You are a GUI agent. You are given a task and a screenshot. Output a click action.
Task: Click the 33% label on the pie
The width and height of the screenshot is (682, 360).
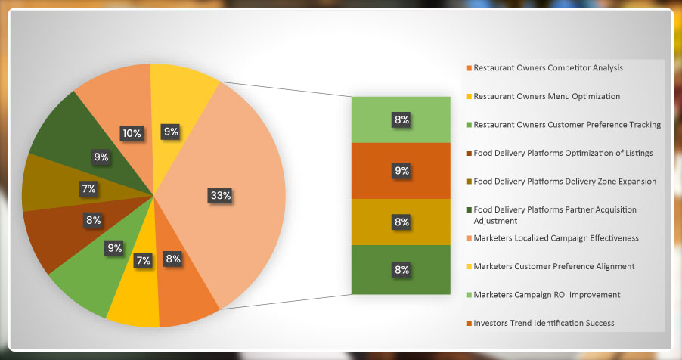pyautogui.click(x=221, y=195)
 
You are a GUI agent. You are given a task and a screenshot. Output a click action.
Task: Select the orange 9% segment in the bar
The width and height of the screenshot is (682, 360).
pyautogui.click(x=401, y=171)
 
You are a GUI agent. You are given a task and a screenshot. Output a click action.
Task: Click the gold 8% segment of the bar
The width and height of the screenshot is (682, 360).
pyautogui.click(x=401, y=222)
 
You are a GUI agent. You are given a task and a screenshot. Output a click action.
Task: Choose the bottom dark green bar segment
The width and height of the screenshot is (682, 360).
pyautogui.click(x=401, y=269)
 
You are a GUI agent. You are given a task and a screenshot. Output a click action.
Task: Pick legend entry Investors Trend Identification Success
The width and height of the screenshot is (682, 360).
pyautogui.click(x=544, y=323)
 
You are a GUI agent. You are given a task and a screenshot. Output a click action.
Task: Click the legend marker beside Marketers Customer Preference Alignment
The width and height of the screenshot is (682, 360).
pyautogui.click(x=469, y=266)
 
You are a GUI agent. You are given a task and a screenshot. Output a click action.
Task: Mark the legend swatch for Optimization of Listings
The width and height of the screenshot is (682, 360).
pyautogui.click(x=469, y=154)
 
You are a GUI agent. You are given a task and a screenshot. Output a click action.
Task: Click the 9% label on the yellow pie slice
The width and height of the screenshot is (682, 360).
pyautogui.click(x=171, y=132)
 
